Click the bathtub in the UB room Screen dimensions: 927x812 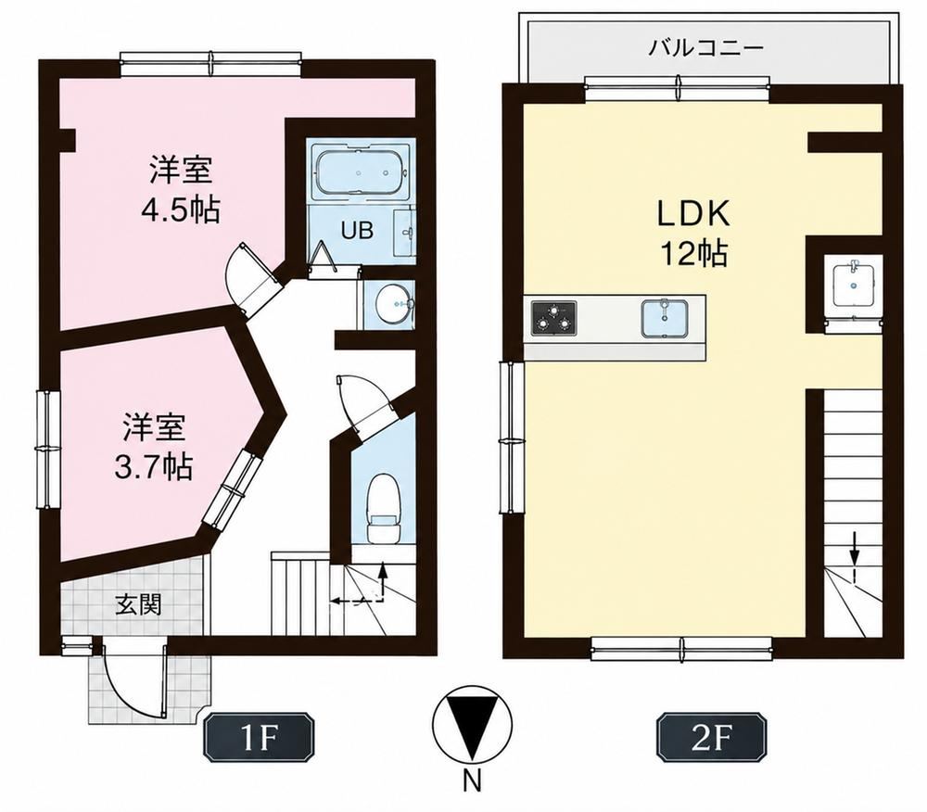point(361,172)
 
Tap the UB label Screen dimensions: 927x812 point(356,230)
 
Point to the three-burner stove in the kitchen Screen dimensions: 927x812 point(554,318)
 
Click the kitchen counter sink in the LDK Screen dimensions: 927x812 point(665,319)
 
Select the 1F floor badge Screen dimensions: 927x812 point(259,738)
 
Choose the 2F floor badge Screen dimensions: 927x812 point(711,738)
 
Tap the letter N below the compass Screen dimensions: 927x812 point(471,783)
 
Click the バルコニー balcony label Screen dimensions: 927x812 point(705,46)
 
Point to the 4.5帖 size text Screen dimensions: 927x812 point(181,209)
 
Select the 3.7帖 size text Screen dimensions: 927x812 point(153,466)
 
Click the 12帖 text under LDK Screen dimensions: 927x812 point(694,253)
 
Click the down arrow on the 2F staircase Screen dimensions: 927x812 point(854,551)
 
